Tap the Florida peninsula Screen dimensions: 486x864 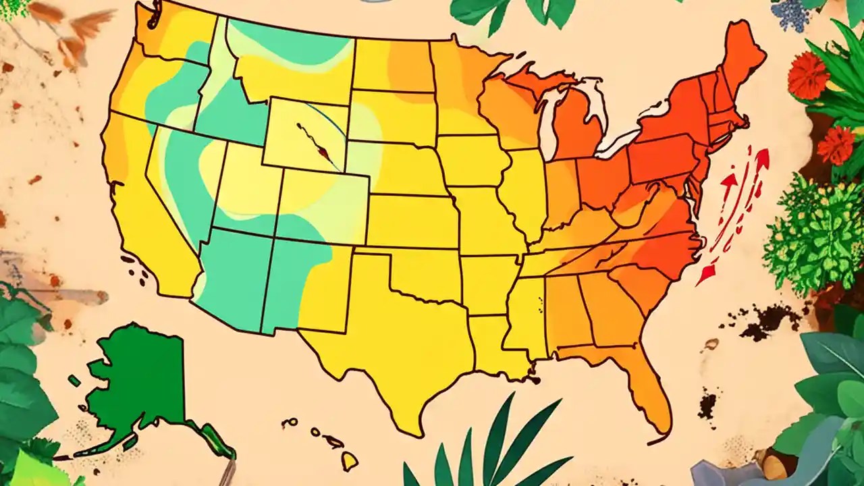(x=648, y=391)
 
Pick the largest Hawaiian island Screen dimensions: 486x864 (x=348, y=461)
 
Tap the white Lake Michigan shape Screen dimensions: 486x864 (x=548, y=115)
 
